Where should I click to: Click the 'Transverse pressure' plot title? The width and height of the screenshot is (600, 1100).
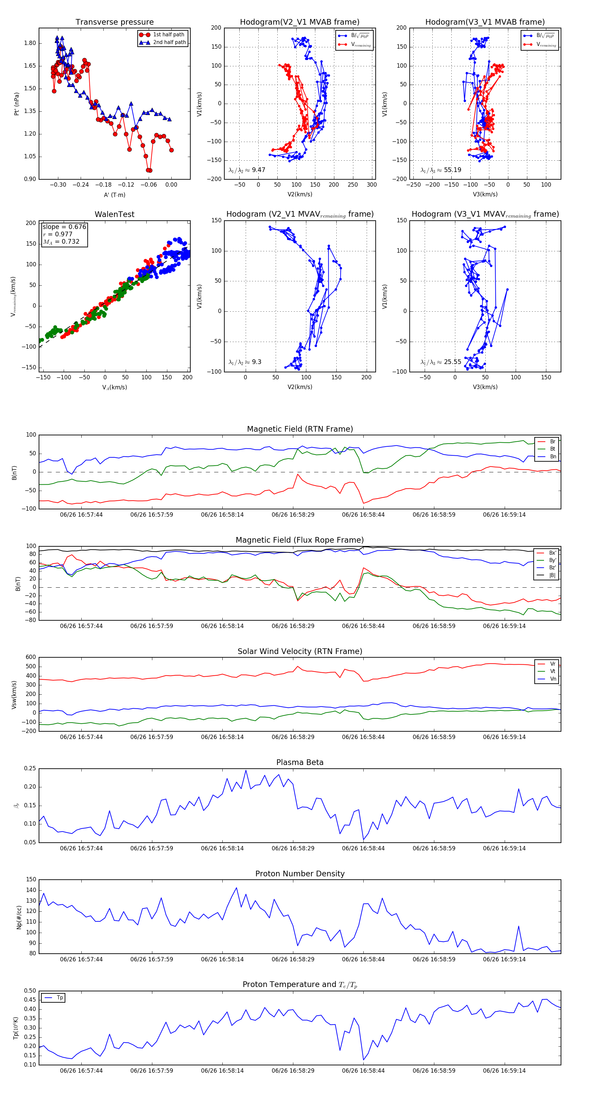point(114,22)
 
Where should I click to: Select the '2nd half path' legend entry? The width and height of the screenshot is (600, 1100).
point(169,42)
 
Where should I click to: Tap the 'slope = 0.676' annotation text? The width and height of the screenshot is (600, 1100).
point(64,227)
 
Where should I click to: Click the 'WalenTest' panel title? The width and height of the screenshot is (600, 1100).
point(114,214)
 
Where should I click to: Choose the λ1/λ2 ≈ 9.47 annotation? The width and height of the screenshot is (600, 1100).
point(247,170)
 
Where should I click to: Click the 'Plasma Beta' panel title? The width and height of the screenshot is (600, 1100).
point(300,762)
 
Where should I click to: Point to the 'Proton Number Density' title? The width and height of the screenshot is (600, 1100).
point(300,873)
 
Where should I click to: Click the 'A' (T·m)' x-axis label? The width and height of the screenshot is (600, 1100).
point(114,195)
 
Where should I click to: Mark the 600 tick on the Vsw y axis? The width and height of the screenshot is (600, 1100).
point(31,657)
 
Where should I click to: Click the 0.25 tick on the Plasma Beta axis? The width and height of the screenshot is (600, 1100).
point(30,768)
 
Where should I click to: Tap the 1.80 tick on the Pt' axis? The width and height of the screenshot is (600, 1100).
point(30,43)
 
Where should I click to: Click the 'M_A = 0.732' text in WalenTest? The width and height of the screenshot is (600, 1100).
point(61,242)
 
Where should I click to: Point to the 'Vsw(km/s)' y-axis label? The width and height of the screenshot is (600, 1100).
point(14,695)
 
